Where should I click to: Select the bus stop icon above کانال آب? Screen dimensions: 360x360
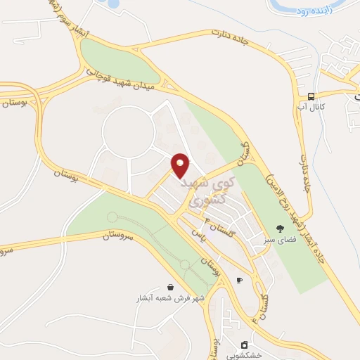(311, 96)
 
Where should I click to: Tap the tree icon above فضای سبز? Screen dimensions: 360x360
(280, 228)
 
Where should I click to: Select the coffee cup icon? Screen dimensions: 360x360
(239, 280)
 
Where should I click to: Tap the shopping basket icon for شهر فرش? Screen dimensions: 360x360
(171, 287)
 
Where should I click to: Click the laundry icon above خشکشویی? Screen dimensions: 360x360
(244, 344)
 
